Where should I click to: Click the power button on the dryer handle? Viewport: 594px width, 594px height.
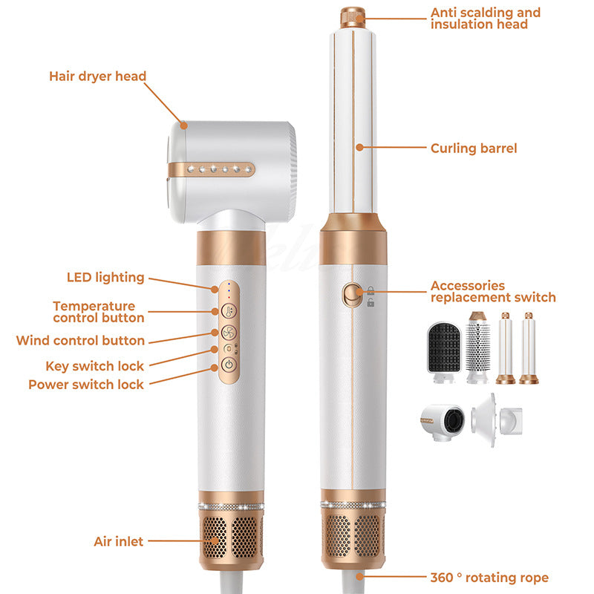[229, 365]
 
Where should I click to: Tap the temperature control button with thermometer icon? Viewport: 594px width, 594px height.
[229, 311]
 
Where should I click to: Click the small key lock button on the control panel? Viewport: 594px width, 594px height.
[229, 348]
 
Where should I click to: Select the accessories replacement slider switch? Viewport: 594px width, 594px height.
[351, 295]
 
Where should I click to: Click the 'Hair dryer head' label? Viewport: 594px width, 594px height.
[97, 76]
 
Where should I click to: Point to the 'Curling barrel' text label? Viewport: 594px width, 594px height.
[474, 148]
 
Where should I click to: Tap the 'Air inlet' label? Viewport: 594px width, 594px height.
[119, 541]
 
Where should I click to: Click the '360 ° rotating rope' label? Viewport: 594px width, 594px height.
[489, 578]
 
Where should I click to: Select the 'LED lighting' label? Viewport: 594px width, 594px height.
[105, 277]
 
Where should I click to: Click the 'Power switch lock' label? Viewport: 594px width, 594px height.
[86, 385]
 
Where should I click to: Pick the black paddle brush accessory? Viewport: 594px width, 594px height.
[444, 352]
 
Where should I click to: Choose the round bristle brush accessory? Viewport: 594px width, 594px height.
[477, 347]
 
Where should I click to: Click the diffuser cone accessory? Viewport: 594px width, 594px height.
[496, 420]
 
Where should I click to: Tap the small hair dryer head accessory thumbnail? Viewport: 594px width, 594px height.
[443, 422]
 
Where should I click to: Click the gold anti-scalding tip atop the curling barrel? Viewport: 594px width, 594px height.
[352, 17]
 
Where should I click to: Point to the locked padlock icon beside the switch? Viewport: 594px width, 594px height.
[371, 290]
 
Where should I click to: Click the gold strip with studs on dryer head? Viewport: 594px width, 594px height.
[211, 169]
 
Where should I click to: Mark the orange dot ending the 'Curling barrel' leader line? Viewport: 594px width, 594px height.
[359, 147]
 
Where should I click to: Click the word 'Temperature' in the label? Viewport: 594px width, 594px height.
[94, 306]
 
